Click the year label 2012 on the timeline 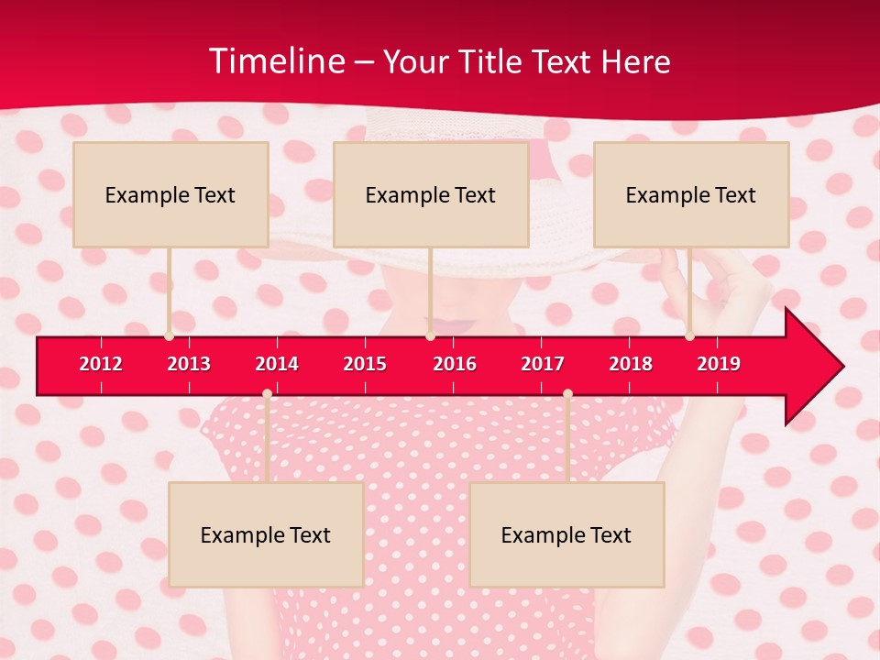[101, 364]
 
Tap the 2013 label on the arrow [189, 364]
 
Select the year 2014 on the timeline [277, 364]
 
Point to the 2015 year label [365, 364]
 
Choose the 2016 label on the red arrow [455, 364]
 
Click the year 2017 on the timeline [543, 364]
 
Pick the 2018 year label [631, 364]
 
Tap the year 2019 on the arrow [719, 364]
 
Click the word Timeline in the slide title [276, 61]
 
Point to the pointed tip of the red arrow [842, 367]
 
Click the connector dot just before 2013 [169, 336]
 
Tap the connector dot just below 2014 [267, 394]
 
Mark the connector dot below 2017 [567, 394]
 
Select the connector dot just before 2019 [689, 336]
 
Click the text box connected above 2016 [431, 194]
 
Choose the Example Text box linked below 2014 [266, 534]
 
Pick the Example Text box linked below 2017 [566, 534]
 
